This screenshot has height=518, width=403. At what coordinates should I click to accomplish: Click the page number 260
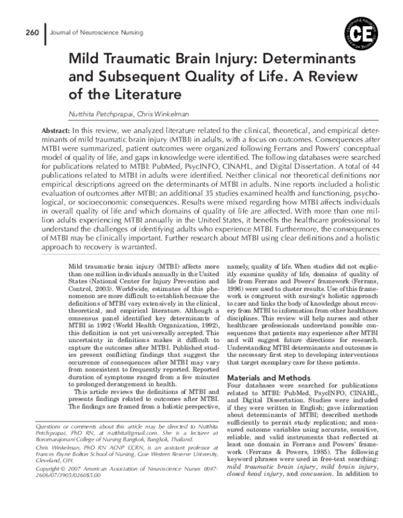pyautogui.click(x=32, y=32)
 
